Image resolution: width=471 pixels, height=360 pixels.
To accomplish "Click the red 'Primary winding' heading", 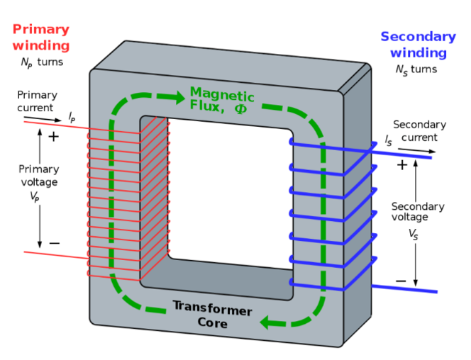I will click(x=41, y=38).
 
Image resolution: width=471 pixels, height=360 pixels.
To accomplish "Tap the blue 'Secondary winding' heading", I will click(x=418, y=45).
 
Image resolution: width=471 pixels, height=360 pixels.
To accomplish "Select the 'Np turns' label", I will click(x=41, y=62).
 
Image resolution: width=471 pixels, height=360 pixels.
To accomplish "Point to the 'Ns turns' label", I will click(x=416, y=69).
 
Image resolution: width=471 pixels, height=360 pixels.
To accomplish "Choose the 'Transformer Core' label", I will click(x=213, y=317).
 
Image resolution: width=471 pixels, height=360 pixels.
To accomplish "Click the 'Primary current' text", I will click(x=37, y=101).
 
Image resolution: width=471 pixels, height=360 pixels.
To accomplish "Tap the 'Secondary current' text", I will click(x=419, y=131).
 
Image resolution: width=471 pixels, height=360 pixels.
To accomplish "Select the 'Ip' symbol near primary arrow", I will click(x=72, y=115).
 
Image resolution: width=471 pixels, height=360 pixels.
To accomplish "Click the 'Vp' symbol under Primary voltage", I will click(x=35, y=198).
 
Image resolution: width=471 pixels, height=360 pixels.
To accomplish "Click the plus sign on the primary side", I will click(x=53, y=137).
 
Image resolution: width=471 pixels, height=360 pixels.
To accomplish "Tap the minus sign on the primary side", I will click(x=54, y=243).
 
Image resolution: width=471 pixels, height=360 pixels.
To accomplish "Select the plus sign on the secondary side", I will click(x=402, y=164).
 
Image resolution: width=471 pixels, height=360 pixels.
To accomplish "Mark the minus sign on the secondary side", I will click(x=401, y=281).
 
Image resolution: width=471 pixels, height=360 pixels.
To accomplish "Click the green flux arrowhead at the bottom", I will click(x=269, y=323).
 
